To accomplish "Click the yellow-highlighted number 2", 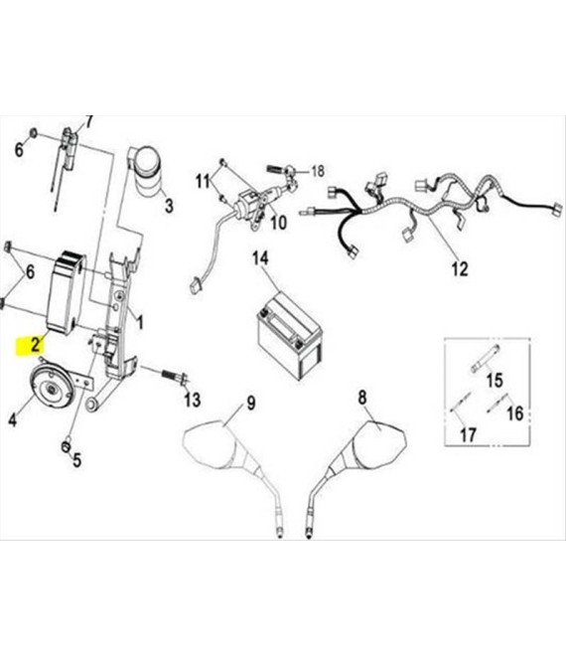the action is (x=36, y=344).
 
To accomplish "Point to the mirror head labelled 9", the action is (x=212, y=443).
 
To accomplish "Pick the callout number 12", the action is (x=460, y=269).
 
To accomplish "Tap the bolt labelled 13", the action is (x=173, y=376).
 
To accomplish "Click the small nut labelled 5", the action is (x=66, y=447).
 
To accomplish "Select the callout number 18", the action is (x=318, y=171).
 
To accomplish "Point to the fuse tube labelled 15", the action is (x=486, y=358).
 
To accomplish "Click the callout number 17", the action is (x=468, y=434).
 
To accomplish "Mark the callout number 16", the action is (x=515, y=413).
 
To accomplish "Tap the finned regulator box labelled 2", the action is (x=67, y=292).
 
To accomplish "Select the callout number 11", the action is (x=204, y=182).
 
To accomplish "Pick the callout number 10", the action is (x=278, y=223).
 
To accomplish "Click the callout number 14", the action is (x=260, y=258).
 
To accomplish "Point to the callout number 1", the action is (x=140, y=323).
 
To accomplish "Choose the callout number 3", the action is (x=169, y=206).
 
